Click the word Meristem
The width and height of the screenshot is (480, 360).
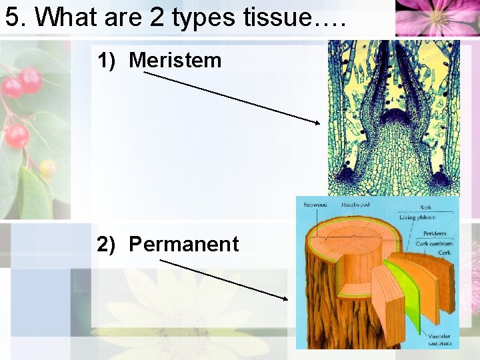click(x=175, y=61)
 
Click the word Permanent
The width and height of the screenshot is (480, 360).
click(x=183, y=245)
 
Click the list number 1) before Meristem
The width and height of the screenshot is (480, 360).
click(x=109, y=61)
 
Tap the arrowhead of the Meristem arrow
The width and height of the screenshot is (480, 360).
click(x=317, y=122)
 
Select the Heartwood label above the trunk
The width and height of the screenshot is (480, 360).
click(x=355, y=204)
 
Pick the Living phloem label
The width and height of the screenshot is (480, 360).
click(x=417, y=217)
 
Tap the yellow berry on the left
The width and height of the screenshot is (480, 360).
click(x=47, y=167)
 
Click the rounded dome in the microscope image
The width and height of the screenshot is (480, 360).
click(x=393, y=120)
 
